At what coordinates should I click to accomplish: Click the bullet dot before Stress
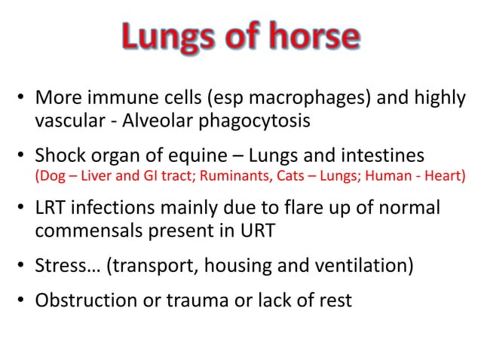tap(23, 266)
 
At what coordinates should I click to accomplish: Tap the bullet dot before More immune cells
tap(23, 99)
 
